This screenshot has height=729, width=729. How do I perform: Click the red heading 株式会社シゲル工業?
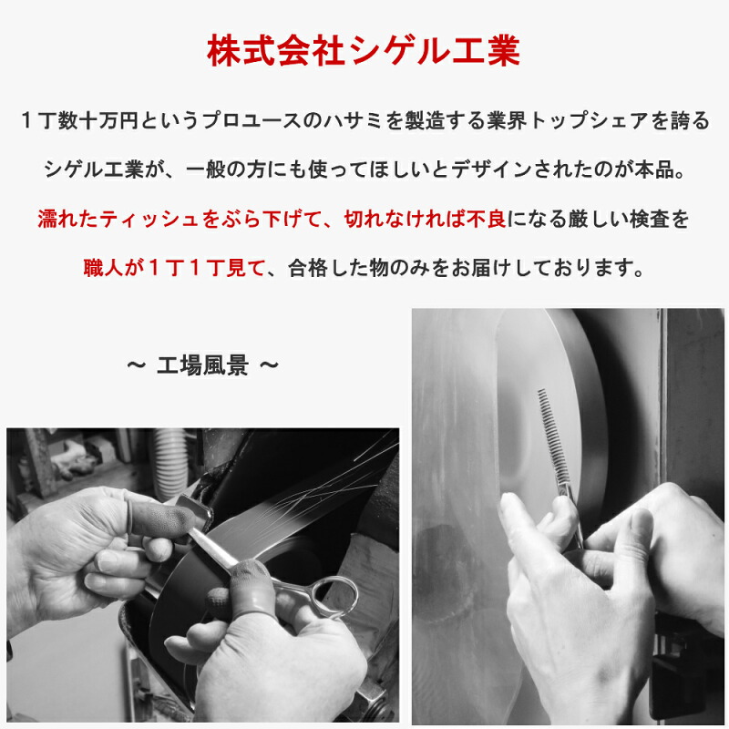tap(364, 51)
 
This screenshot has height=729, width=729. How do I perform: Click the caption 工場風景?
tap(202, 365)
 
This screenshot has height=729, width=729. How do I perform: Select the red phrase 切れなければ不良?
tap(425, 219)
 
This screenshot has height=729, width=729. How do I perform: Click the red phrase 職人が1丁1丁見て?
tap(174, 268)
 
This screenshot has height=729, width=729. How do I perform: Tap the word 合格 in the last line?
tap(308, 268)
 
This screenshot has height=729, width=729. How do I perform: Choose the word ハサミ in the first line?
tap(354, 120)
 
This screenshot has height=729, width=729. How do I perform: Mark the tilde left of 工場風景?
tap(136, 365)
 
